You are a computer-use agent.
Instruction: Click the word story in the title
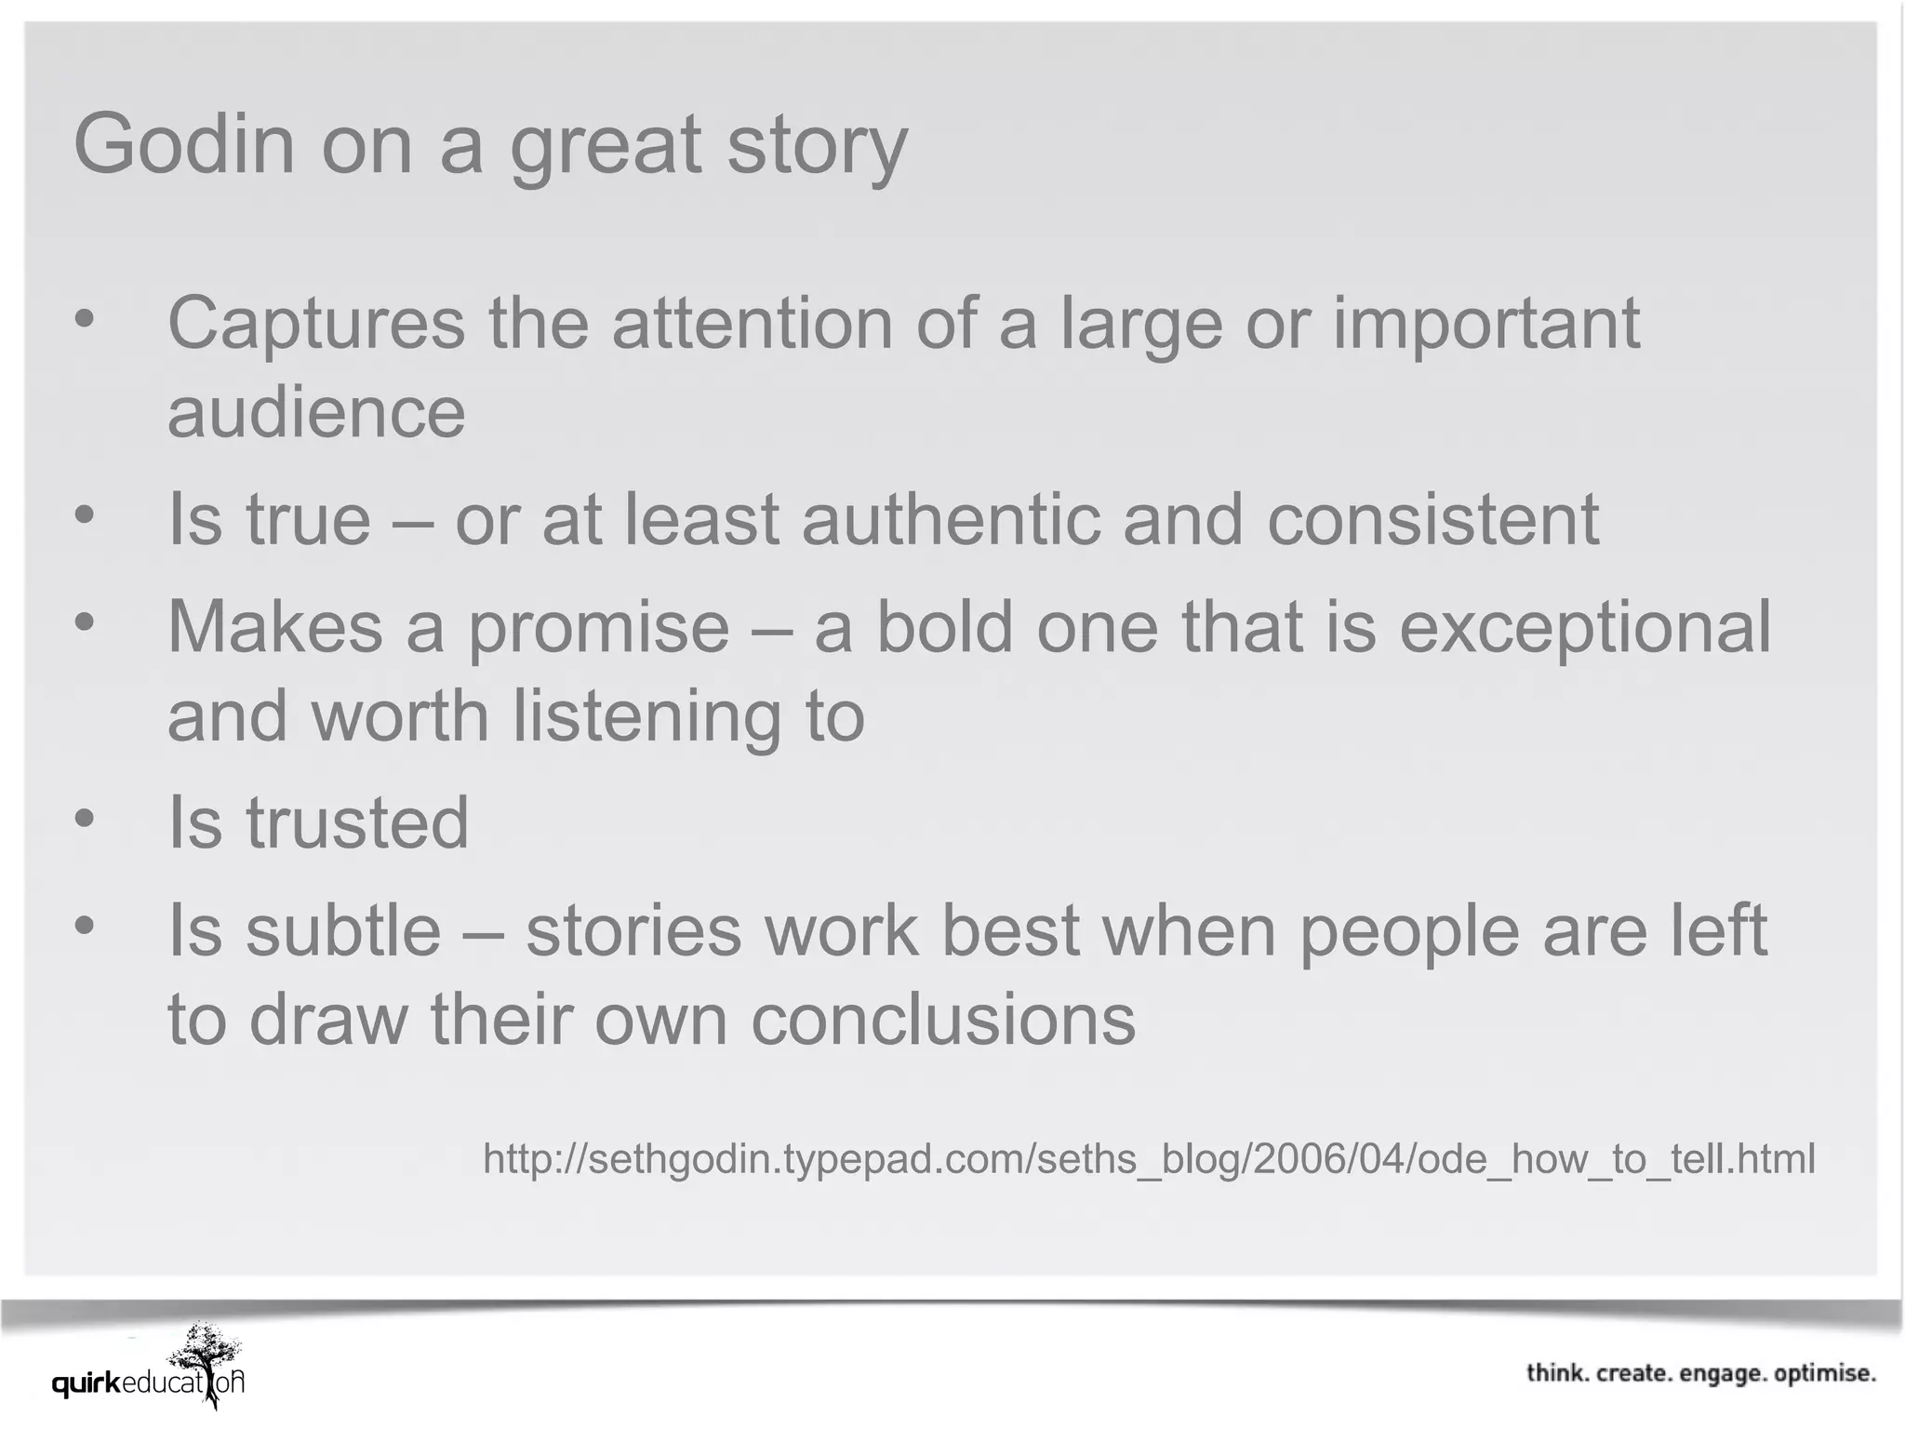pos(816,146)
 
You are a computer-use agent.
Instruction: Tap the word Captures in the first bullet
pos(315,322)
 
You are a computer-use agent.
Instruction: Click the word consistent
pos(1432,518)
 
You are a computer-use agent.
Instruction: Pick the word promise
pos(598,627)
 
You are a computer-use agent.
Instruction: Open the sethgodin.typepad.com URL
pos(1149,1159)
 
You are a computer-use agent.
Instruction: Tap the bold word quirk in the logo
pos(87,1383)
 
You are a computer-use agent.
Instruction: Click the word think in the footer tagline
pos(1558,1374)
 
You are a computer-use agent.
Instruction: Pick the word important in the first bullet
pos(1485,322)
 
